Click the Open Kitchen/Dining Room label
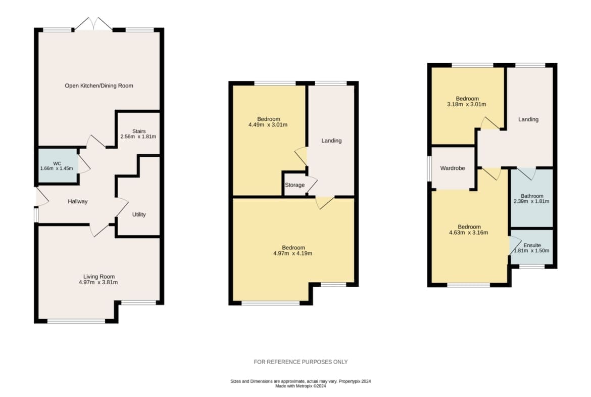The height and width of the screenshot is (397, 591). point(98,85)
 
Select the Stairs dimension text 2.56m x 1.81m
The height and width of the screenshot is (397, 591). point(138,137)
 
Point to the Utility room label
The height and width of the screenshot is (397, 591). point(139,214)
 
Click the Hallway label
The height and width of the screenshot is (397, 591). point(78,201)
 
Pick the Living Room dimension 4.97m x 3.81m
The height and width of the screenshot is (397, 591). point(98,282)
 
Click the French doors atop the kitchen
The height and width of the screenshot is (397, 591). point(93,24)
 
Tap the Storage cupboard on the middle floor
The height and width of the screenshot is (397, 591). point(295,185)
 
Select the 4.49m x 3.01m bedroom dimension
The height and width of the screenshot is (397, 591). point(268,125)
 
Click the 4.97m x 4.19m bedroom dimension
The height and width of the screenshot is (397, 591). point(293,253)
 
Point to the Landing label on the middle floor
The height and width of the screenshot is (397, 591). point(331,141)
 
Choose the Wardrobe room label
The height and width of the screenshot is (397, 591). point(453,168)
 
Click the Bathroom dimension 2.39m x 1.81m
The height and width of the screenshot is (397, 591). point(531,201)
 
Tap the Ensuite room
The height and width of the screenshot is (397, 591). point(532,248)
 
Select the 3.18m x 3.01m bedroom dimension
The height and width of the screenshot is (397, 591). point(467,105)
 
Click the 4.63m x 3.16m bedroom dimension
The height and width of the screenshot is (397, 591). point(468,233)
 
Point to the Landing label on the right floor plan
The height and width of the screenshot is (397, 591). point(528,119)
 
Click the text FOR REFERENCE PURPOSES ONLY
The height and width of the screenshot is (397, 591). point(301,362)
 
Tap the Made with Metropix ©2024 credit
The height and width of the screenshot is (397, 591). point(301,386)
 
